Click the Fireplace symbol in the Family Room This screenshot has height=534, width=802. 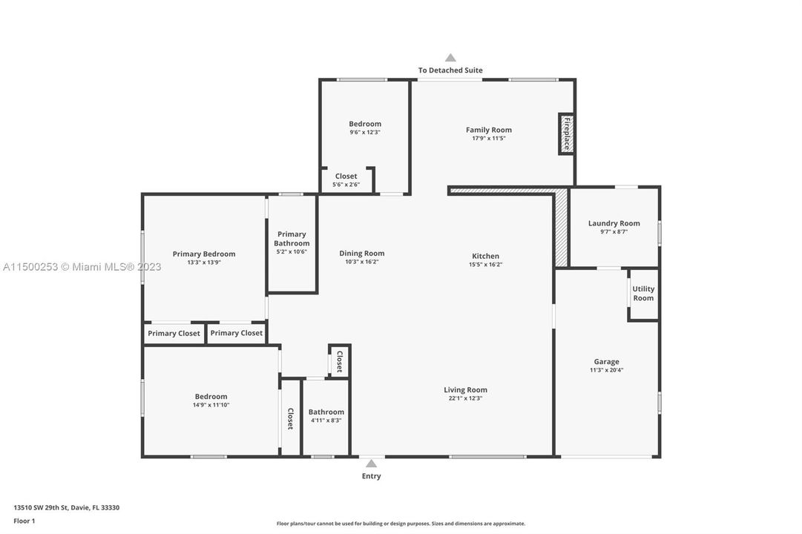point(566,133)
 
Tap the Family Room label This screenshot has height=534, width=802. point(488,130)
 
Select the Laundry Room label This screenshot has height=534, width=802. point(614,223)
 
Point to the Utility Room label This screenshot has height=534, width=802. point(643,294)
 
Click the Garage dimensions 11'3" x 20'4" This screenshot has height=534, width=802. point(606,370)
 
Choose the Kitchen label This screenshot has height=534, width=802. point(486,256)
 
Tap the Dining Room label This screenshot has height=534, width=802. point(361,253)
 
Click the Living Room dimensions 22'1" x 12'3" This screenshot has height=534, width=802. point(465,399)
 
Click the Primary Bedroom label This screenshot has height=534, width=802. point(204,254)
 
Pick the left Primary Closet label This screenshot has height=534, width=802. point(174,334)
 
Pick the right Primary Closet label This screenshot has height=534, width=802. point(236,333)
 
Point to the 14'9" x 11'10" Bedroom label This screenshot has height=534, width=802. point(211,397)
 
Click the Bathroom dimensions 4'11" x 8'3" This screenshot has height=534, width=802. point(326,421)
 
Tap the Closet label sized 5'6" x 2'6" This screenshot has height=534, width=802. point(346,177)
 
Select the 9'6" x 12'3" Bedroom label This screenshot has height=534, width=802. point(364,124)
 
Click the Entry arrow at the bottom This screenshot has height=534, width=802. point(371,464)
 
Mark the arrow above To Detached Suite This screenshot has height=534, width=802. point(450,58)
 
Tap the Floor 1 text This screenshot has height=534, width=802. point(24,521)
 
